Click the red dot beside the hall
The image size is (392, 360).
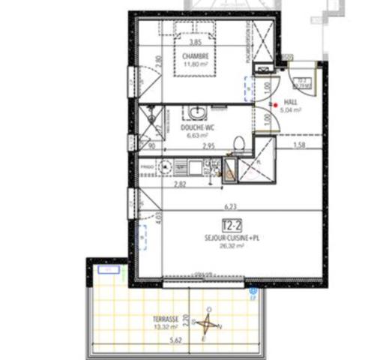[x=275, y=105]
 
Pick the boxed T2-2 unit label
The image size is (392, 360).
[x=232, y=224]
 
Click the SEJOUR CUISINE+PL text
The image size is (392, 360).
[x=232, y=235]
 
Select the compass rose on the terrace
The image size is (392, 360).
[x=210, y=324]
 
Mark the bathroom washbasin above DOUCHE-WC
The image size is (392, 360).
[x=198, y=114]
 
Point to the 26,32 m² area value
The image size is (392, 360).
[x=232, y=243]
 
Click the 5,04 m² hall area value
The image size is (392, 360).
[x=292, y=109]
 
